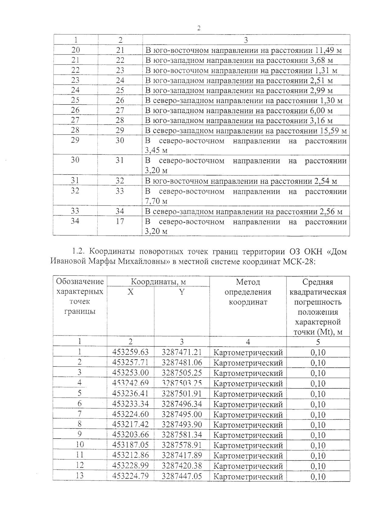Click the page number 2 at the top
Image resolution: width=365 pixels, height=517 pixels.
coord(199,28)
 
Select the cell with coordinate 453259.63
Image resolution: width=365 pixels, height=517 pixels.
coord(130,352)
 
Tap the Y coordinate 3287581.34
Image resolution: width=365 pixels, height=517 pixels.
coord(182,434)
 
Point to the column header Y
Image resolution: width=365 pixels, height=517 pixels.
coord(182,292)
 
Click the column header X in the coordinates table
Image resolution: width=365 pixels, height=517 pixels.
coord(130,292)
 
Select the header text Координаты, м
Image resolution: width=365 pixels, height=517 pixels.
coord(158,282)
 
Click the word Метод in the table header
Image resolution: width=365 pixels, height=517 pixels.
coord(248,282)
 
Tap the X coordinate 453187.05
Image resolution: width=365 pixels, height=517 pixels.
coord(130,445)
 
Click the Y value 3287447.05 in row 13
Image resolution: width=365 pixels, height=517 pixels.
coord(182,476)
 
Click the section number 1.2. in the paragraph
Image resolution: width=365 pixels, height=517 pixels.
coord(80,252)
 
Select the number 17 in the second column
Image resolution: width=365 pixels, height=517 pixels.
coord(120,221)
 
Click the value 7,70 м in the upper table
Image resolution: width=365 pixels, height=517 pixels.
coord(156,201)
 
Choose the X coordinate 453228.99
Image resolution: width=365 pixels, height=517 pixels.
coord(130,466)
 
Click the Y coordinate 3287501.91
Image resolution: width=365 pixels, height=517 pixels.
coord(182,393)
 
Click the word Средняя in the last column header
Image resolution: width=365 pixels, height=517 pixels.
coord(318,282)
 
